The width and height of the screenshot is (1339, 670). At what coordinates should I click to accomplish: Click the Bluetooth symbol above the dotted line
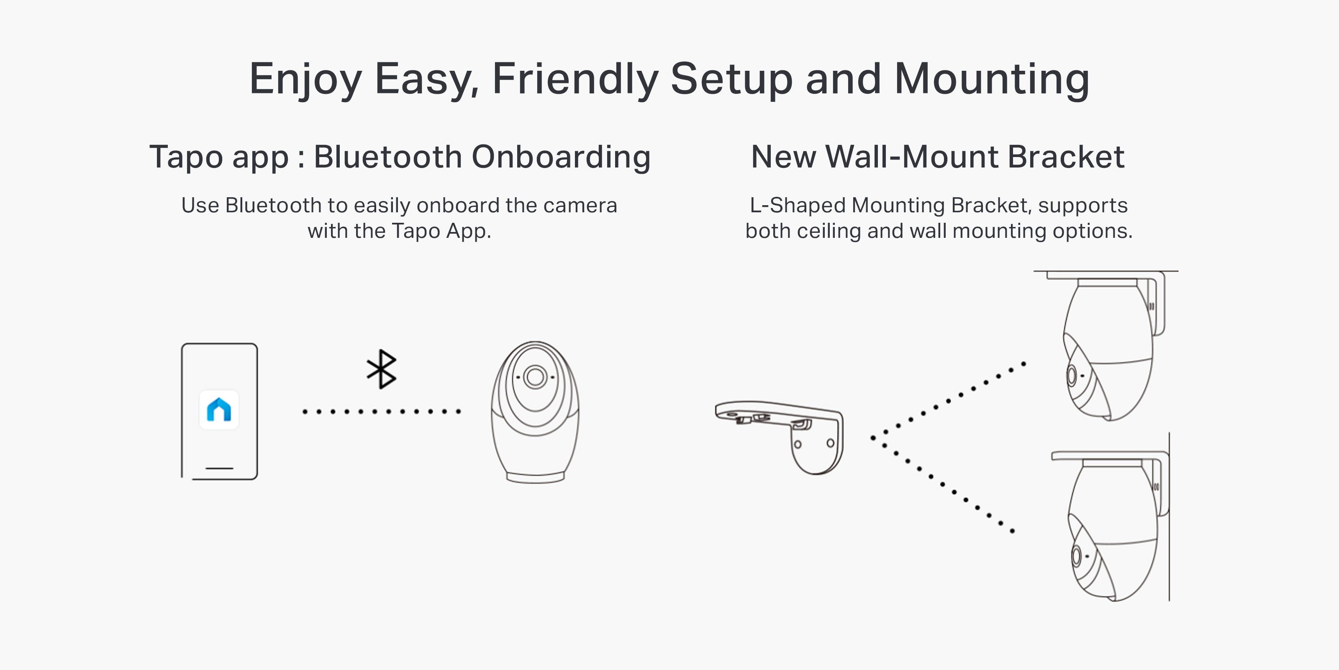[382, 369]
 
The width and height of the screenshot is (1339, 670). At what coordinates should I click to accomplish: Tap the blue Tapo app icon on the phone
[219, 410]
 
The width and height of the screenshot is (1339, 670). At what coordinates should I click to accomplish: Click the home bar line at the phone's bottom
[219, 468]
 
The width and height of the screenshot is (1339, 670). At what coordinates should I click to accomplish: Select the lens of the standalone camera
[535, 376]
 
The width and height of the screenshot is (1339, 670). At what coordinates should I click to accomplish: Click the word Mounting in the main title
[992, 79]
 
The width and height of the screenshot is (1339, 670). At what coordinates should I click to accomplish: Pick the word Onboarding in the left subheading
[562, 157]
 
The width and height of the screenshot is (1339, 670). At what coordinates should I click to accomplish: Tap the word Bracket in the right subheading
[1066, 157]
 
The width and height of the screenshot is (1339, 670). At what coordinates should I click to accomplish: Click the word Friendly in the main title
[575, 79]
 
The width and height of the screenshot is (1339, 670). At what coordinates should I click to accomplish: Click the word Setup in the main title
[732, 79]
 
